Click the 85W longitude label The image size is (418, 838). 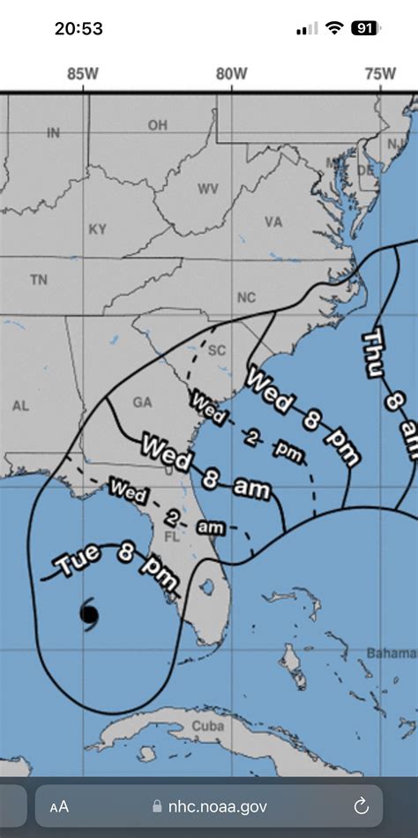[83, 75]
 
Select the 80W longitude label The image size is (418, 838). [232, 75]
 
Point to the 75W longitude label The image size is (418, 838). [380, 75]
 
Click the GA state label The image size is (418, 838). [142, 401]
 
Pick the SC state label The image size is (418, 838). [217, 350]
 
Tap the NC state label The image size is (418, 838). [246, 297]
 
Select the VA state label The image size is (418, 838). [273, 222]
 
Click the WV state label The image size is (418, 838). [208, 189]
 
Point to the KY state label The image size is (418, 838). [97, 228]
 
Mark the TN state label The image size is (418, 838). [39, 280]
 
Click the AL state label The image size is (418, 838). [21, 406]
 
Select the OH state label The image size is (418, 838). [158, 125]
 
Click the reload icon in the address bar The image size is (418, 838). [361, 805]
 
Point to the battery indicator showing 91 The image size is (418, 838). [364, 28]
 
